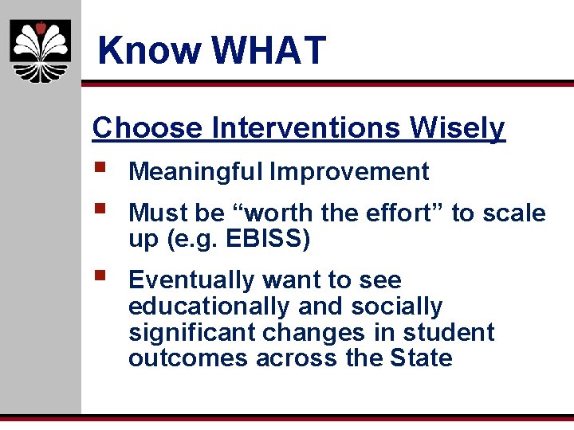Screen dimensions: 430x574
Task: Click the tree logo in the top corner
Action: tap(40, 51)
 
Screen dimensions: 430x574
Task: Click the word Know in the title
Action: tap(149, 51)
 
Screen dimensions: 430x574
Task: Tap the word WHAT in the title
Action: tap(269, 51)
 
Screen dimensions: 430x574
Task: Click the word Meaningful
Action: tap(196, 171)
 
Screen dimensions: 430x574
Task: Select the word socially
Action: tap(397, 307)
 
